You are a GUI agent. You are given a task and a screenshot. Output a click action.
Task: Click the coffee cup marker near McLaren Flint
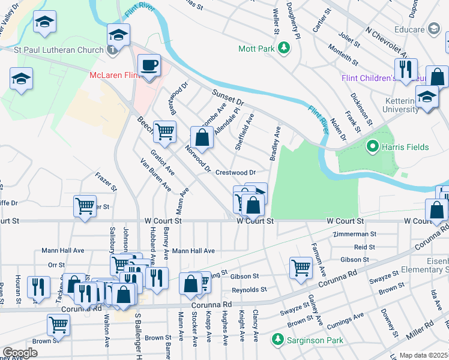click(148, 65)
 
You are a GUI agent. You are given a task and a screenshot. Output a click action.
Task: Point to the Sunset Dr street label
click(228, 98)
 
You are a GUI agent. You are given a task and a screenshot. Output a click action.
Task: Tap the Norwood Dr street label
click(198, 159)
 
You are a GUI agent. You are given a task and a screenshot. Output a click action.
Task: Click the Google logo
click(20, 353)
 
